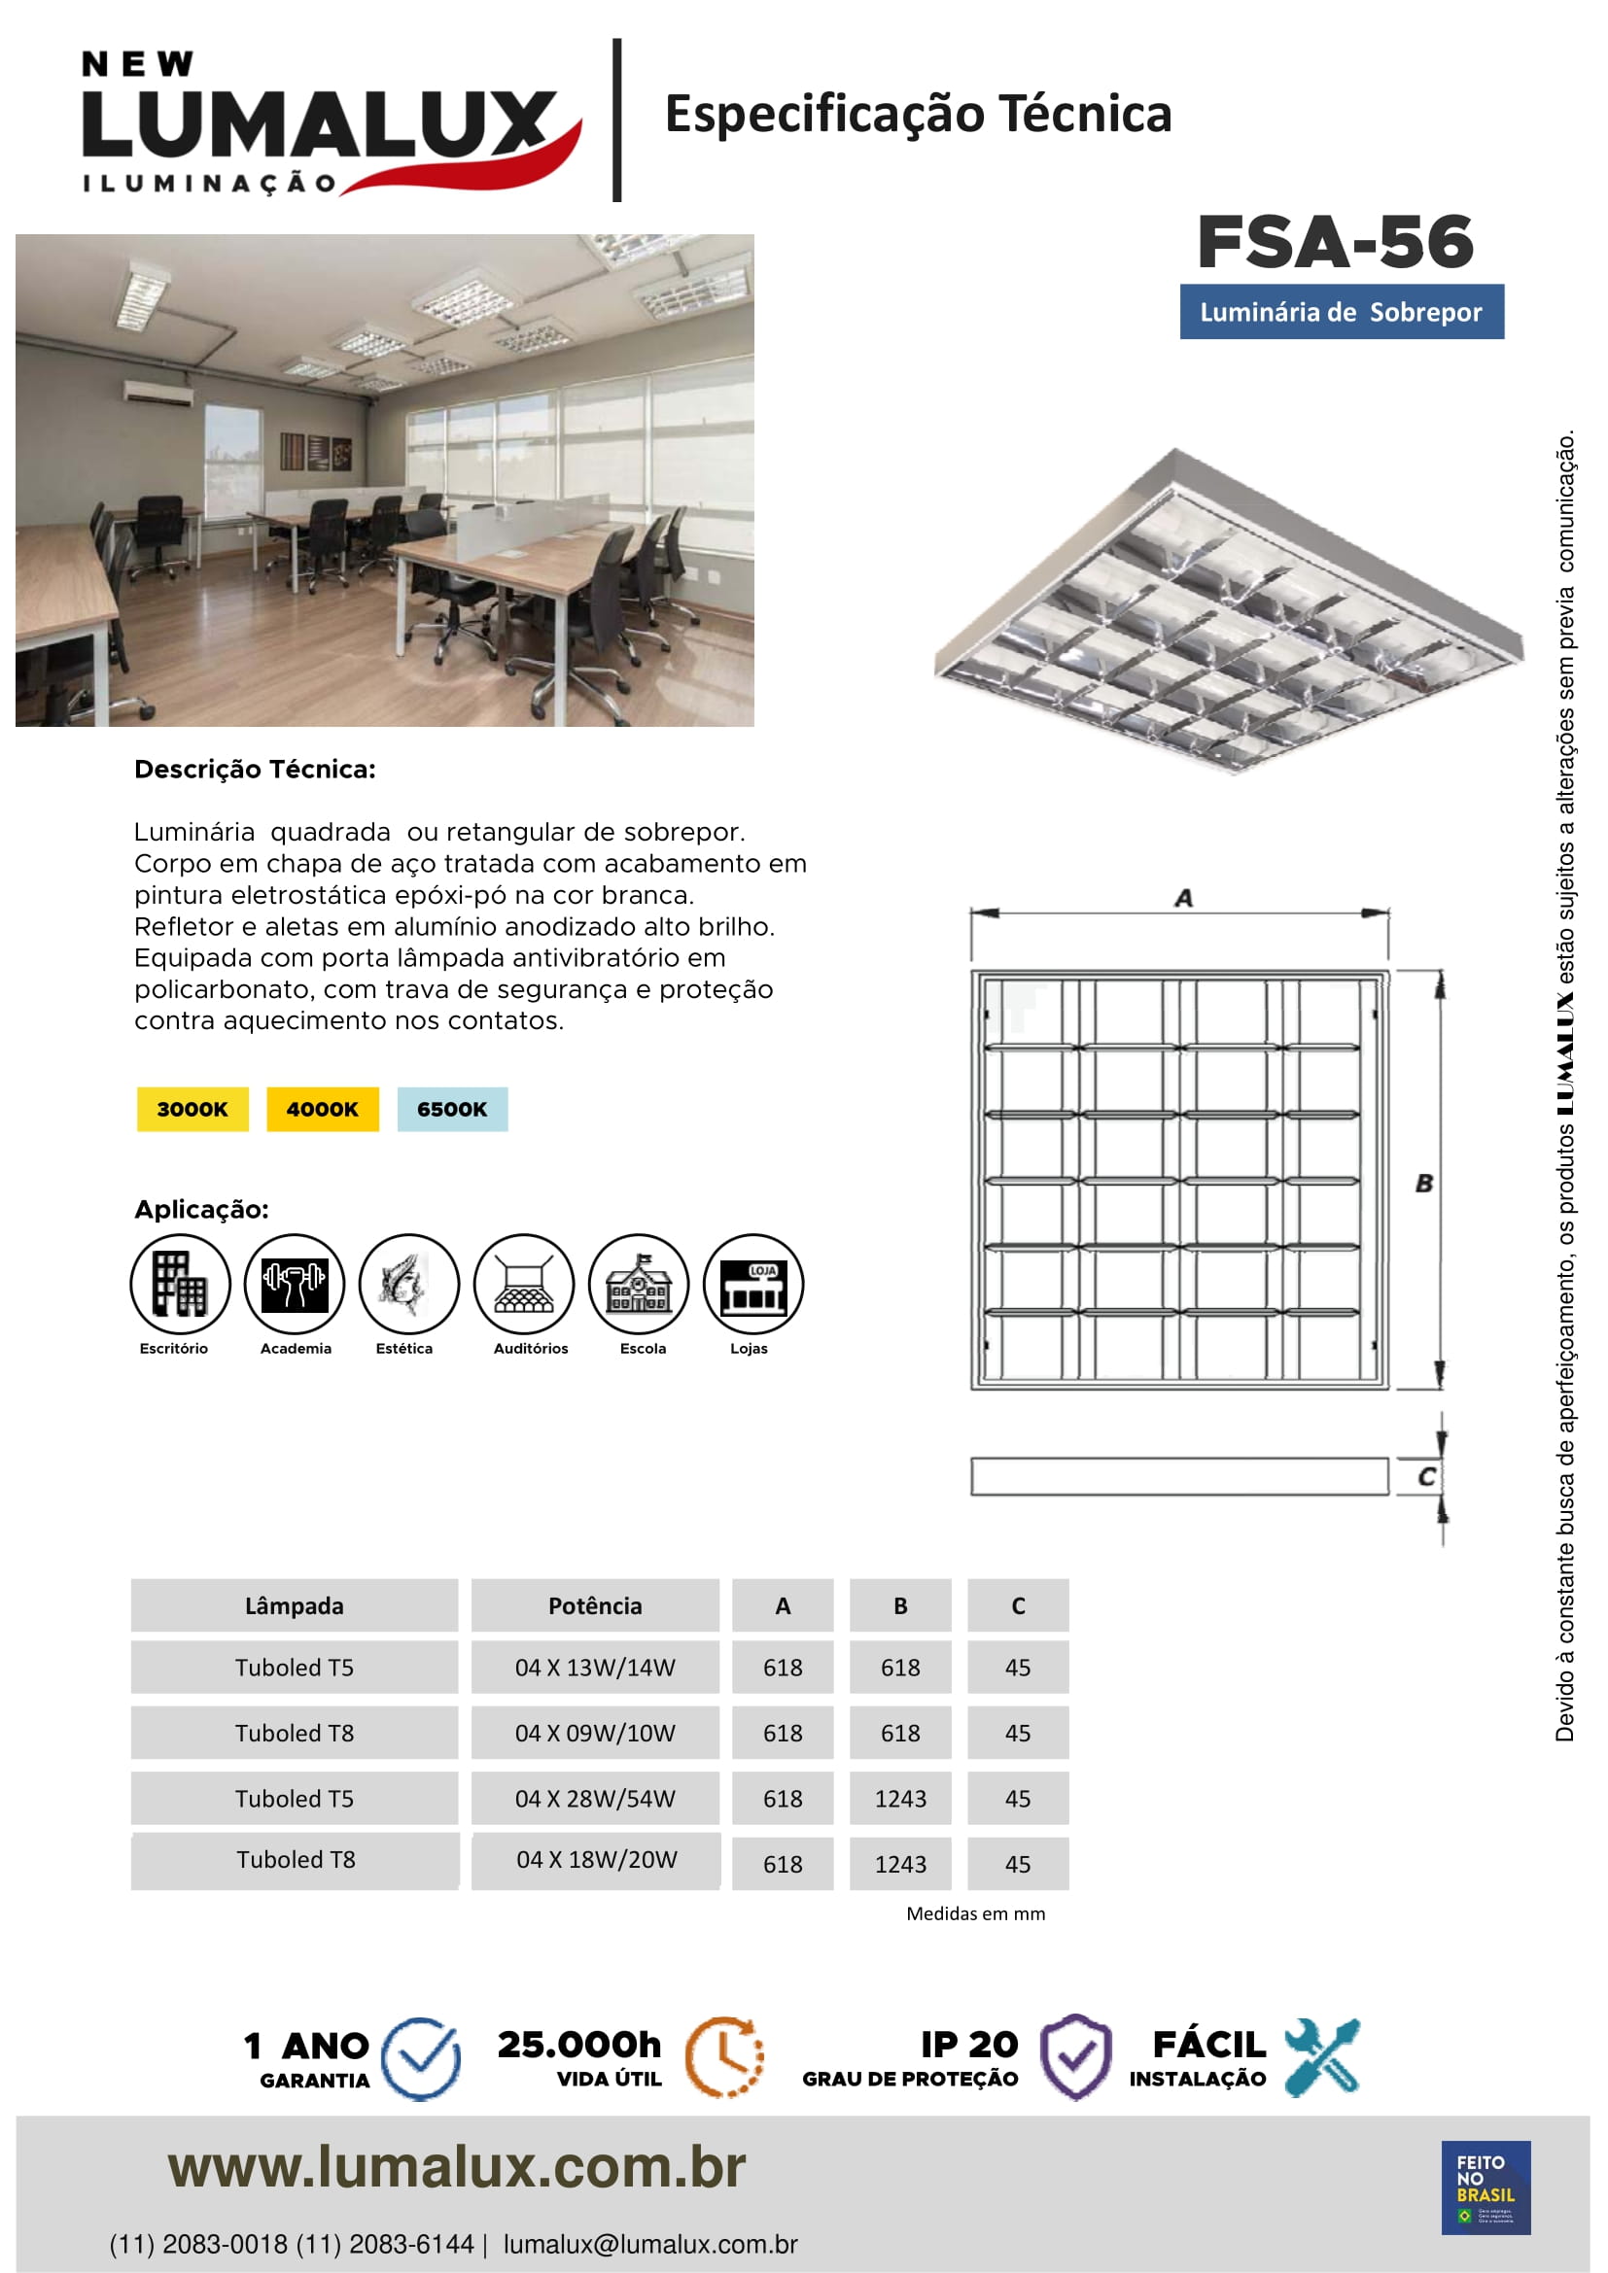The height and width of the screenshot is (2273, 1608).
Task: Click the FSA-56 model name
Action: [1335, 243]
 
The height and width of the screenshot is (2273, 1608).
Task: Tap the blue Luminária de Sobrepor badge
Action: [1341, 312]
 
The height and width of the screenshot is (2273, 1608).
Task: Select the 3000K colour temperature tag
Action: [192, 1109]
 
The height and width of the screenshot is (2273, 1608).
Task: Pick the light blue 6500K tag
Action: [451, 1109]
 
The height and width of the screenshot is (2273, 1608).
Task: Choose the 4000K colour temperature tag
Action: [322, 1109]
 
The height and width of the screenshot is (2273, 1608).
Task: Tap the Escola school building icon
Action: [639, 1284]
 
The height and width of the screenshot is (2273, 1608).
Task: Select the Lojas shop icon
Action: [752, 1284]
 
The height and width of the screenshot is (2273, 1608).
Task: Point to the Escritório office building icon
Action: [180, 1284]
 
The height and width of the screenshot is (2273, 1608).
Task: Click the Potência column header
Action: [595, 1605]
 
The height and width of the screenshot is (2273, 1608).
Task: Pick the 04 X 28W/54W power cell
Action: [595, 1798]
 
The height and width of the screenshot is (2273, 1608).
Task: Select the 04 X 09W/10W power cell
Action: [595, 1733]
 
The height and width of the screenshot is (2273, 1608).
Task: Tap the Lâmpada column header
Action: [294, 1605]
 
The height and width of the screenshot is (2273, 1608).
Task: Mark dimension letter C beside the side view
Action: [1426, 1476]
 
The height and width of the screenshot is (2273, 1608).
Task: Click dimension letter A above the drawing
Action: [1183, 898]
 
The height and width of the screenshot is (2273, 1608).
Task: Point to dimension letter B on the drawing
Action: [1424, 1182]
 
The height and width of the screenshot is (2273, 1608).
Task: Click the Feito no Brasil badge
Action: [1486, 2187]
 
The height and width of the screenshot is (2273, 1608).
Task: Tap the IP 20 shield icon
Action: [1075, 2056]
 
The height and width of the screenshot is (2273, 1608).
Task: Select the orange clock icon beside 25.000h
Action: [725, 2056]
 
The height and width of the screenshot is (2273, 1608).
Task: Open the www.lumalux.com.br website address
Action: [457, 2167]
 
